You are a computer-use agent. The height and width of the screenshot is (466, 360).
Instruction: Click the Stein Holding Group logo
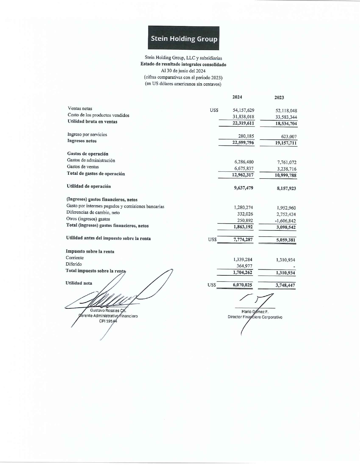(x=184, y=38)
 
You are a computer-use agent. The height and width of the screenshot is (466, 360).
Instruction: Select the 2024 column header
(x=237, y=97)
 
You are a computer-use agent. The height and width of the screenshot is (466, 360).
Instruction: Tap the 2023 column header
(x=279, y=98)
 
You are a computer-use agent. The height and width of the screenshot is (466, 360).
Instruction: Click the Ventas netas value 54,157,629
(x=243, y=110)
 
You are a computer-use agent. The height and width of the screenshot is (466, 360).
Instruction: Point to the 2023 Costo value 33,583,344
(x=286, y=117)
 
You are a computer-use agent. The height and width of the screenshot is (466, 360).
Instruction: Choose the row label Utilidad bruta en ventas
(x=92, y=122)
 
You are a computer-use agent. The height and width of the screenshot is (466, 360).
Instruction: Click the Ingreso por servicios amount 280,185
(x=246, y=136)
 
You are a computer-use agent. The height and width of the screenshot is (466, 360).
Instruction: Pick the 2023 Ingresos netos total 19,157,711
(x=286, y=143)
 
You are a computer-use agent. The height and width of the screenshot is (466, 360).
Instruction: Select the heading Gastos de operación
(x=88, y=154)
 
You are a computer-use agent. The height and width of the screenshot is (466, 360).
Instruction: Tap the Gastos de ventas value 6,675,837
(x=244, y=169)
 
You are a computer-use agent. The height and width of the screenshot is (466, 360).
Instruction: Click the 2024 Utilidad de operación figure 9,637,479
(x=243, y=188)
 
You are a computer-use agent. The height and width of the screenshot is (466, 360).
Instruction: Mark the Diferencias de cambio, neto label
(x=93, y=213)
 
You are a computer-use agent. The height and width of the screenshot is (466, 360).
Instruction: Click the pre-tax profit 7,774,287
(x=243, y=240)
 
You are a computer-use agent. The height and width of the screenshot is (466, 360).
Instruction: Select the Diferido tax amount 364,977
(x=244, y=266)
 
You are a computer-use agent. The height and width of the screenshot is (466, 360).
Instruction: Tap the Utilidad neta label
(x=79, y=283)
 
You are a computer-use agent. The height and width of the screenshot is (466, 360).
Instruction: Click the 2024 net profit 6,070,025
(x=242, y=285)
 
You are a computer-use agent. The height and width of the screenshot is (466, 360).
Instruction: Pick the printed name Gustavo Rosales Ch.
(x=108, y=311)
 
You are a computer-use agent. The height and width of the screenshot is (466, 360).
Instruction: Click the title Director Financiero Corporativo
(x=255, y=317)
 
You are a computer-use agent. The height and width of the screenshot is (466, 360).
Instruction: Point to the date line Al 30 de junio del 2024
(x=183, y=71)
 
